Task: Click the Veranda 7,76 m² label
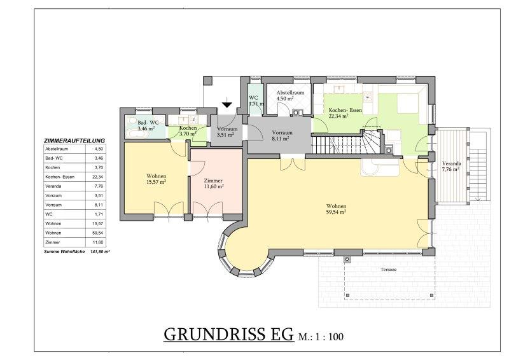[451, 166]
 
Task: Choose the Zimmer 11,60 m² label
[213, 183]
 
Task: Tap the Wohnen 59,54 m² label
[337, 209]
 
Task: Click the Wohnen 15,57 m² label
[156, 179]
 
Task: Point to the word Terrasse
[389, 269]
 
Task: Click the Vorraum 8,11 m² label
[282, 135]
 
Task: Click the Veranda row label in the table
[53, 186]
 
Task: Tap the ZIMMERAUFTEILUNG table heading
[74, 141]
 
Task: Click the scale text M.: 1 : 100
[321, 337]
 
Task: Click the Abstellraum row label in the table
[57, 149]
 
